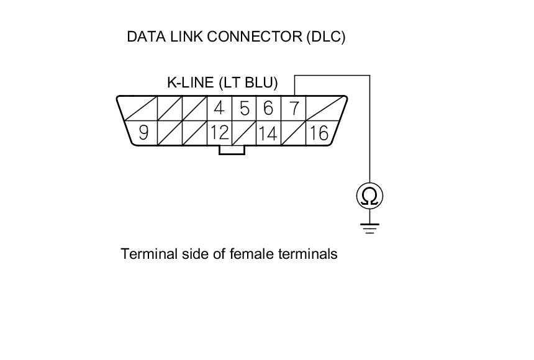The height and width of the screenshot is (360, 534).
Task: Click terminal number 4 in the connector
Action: point(219,109)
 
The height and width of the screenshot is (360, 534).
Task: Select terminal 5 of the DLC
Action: point(245,109)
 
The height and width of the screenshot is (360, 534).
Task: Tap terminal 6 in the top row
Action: point(268,109)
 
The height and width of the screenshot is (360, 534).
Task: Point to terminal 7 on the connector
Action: point(294,109)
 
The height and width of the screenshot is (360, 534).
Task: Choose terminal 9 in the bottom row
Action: point(143,133)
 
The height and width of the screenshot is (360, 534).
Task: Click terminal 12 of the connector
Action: point(219,133)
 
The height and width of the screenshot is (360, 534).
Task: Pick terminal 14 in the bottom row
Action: point(268,133)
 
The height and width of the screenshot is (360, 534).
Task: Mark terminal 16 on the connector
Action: point(318,133)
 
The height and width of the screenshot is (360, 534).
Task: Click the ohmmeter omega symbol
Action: point(369,197)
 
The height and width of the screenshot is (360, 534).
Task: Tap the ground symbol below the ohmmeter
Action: point(369,228)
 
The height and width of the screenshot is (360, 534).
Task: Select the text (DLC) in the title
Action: point(325,37)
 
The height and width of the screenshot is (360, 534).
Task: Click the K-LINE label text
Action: point(190,83)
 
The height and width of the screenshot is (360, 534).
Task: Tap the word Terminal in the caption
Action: point(148,254)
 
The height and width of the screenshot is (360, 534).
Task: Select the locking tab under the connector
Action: point(232,150)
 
